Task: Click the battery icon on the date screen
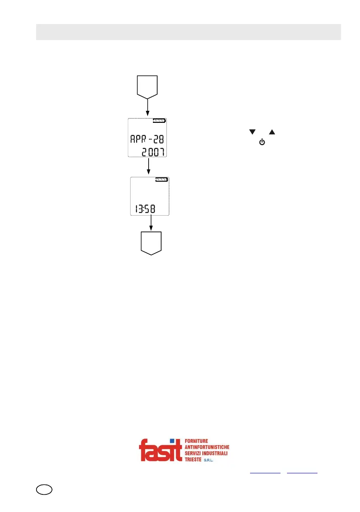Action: pos(159,121)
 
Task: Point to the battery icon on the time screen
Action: pos(162,180)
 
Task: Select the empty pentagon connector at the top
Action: pos(148,85)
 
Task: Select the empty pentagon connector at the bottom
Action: pos(151,243)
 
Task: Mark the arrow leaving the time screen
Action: pos(151,223)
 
